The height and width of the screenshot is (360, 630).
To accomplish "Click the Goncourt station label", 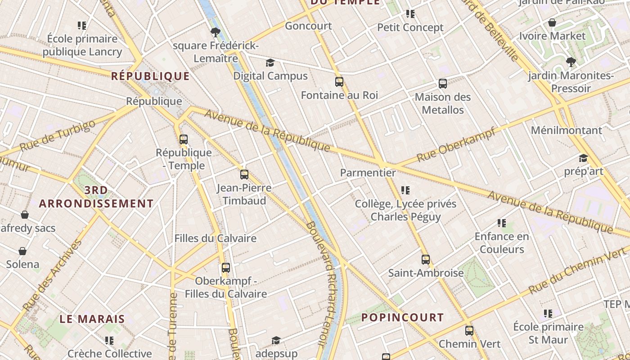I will [308, 26].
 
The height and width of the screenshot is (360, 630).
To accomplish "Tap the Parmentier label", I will [368, 173].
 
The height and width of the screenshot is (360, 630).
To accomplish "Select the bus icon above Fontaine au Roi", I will [339, 82].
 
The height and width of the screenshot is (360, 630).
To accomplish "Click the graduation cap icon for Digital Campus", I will [270, 63].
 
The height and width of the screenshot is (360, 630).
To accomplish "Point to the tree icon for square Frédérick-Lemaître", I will [216, 32].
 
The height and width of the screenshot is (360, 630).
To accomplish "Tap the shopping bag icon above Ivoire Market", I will [552, 22].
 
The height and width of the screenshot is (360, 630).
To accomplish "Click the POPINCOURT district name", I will [402, 317].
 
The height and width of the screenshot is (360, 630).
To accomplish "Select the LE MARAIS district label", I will [92, 319].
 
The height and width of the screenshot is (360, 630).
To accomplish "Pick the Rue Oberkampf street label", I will [455, 145].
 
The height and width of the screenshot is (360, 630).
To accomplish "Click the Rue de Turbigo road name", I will [58, 135].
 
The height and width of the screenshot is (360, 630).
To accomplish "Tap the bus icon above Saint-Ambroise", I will [426, 260].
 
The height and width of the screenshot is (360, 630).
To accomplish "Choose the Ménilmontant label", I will [566, 130].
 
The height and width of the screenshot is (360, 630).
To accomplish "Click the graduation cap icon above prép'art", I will [583, 158].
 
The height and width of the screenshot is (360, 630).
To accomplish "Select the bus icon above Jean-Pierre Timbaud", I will [244, 175].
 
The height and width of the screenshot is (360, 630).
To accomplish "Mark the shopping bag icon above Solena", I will [22, 251].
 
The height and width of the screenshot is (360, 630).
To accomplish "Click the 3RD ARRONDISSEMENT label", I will [96, 197].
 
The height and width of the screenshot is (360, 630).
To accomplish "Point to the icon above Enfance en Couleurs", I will [502, 223].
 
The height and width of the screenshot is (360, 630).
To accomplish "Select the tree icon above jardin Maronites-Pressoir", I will [571, 62].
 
